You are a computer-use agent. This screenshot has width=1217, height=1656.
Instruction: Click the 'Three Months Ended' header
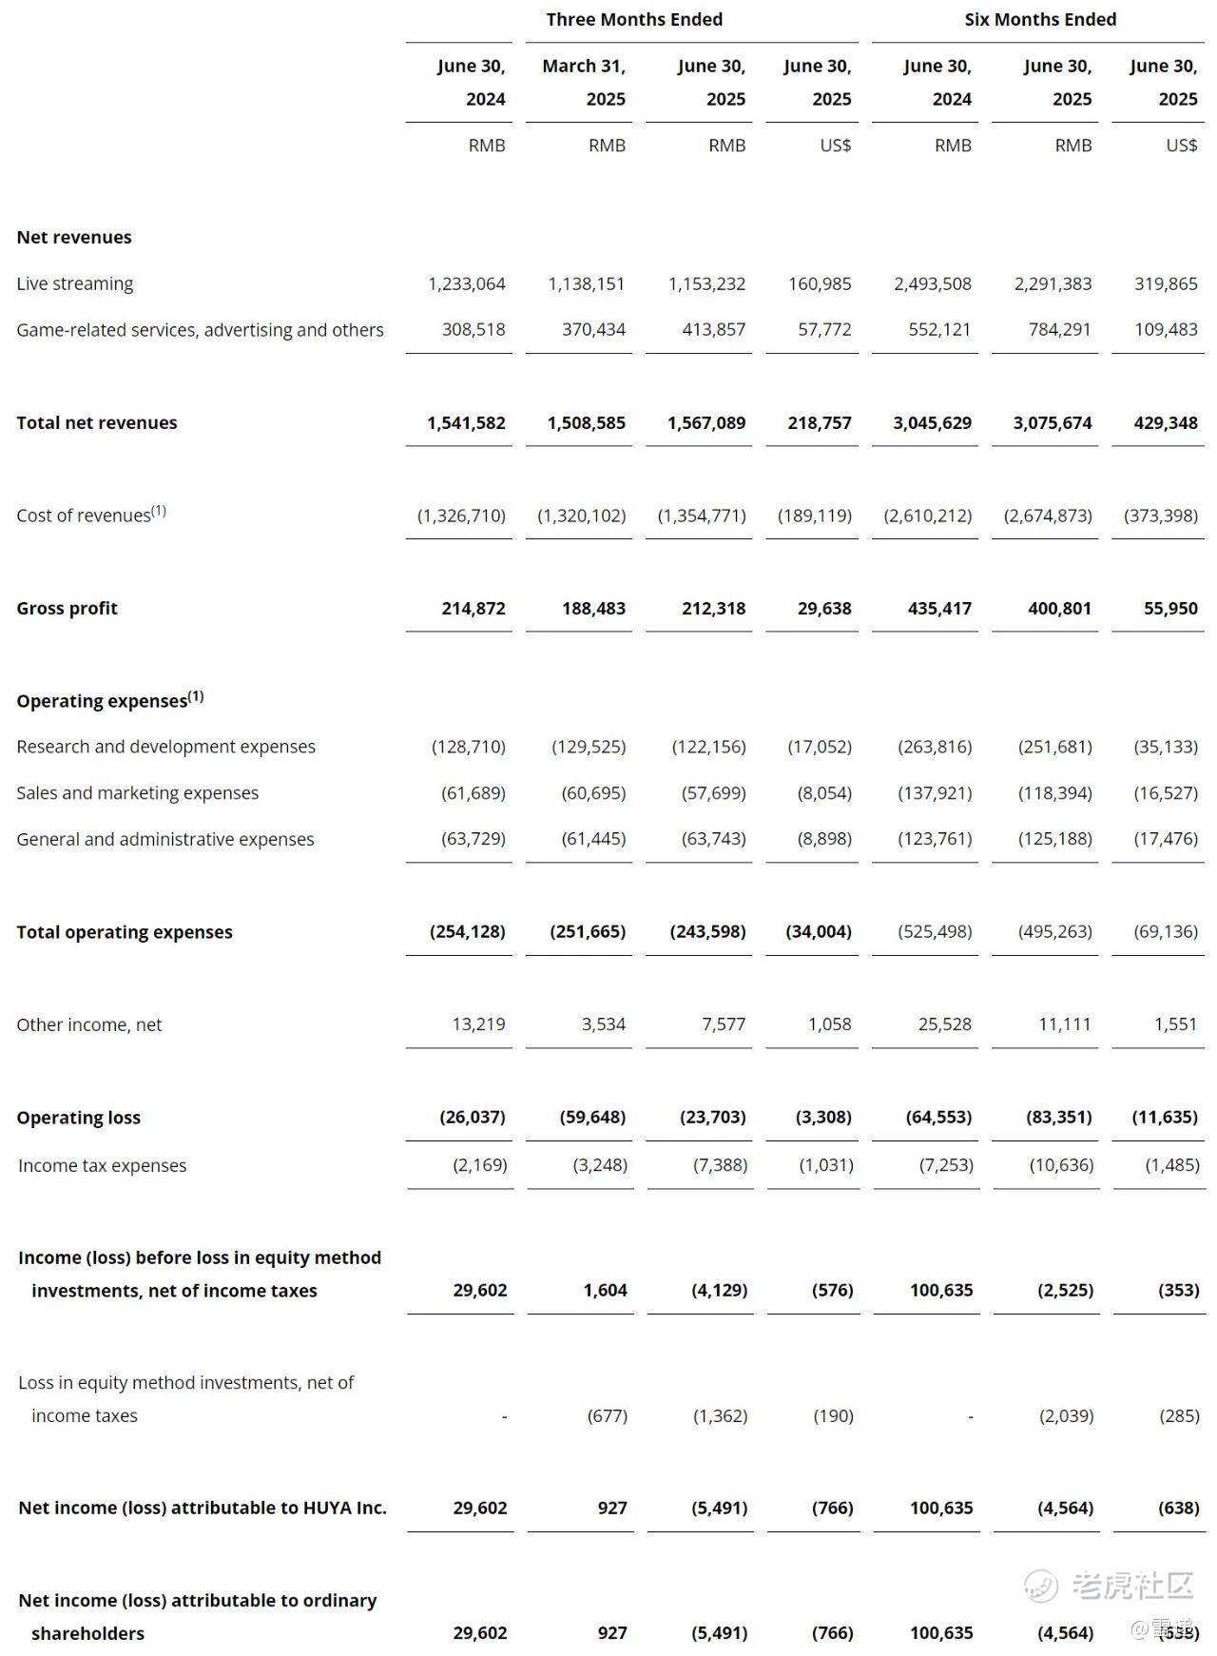634,20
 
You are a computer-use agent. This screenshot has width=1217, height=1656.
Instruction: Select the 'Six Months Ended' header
1040,20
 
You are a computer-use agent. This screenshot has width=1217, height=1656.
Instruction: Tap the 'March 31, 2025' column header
584,83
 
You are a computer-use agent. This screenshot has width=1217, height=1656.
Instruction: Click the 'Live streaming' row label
75,283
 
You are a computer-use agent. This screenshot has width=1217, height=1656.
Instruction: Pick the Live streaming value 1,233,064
467,283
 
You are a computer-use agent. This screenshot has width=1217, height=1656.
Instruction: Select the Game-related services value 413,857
713,330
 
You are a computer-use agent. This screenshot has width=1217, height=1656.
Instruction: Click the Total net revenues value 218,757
820,422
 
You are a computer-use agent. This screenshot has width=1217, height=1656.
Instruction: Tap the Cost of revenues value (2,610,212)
928,516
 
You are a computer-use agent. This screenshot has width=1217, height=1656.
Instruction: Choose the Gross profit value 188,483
593,608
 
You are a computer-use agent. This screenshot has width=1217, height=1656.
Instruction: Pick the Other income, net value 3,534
604,1024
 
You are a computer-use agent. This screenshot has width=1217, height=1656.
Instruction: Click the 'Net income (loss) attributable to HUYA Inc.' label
203,1508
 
